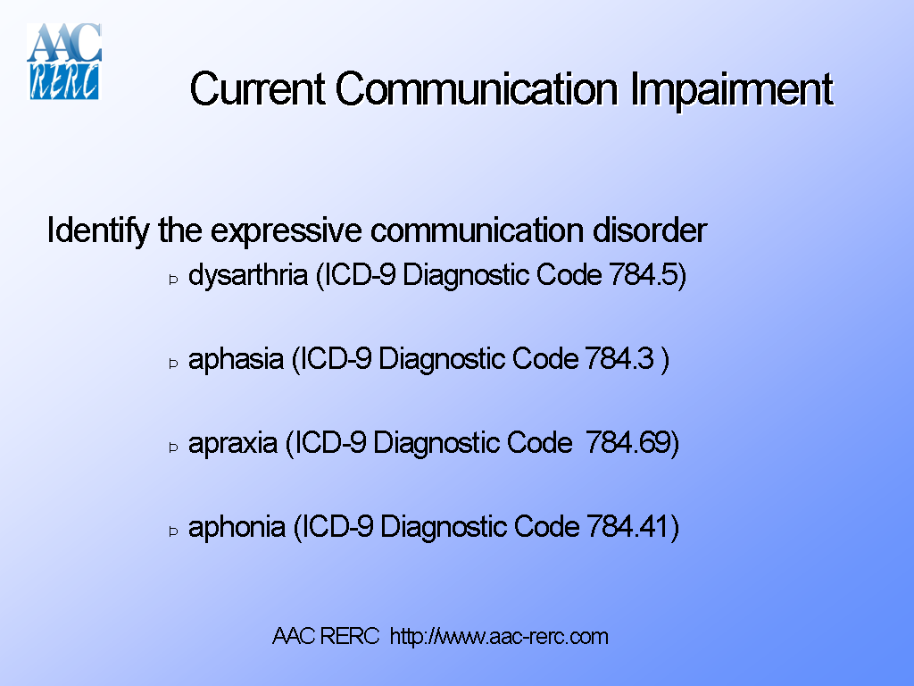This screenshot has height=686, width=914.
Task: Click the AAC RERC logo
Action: (64, 61)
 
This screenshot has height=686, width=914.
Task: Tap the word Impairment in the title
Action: (732, 89)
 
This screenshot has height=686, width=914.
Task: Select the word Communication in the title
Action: (477, 89)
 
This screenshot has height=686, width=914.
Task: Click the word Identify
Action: (97, 230)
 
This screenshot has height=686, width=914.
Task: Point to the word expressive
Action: (286, 230)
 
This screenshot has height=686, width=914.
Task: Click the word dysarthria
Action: (247, 275)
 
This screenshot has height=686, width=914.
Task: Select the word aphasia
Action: (236, 359)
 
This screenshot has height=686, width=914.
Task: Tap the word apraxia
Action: (233, 443)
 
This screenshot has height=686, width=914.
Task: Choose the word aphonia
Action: (237, 527)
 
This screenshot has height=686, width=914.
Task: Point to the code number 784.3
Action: (619, 359)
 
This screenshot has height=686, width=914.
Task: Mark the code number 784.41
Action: (627, 527)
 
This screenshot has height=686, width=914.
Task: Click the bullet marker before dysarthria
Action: (174, 280)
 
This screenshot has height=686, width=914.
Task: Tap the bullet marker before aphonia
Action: (174, 531)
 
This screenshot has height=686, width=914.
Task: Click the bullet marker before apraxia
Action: (174, 448)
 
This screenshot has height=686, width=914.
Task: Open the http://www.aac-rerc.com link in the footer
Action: (499, 637)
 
